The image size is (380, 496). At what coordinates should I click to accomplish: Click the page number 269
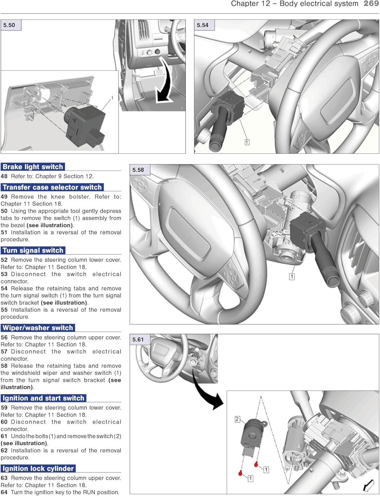371,4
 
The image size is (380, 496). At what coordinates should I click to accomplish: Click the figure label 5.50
9,25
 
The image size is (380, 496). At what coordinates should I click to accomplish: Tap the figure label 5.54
203,25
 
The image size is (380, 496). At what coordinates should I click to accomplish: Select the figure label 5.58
138,170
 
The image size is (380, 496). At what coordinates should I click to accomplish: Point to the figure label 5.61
138,340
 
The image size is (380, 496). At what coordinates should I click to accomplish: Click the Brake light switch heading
33,167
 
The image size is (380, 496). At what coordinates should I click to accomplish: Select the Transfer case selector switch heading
52,187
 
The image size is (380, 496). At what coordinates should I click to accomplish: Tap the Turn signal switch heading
33,251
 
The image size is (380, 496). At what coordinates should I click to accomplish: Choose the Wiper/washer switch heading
38,328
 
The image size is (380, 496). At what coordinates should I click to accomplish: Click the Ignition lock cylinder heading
38,469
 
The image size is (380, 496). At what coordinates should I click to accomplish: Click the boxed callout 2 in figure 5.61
237,419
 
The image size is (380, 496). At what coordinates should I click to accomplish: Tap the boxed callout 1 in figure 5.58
292,276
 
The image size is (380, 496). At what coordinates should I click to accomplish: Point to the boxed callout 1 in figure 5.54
247,142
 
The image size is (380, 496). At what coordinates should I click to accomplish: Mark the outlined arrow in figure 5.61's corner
368,485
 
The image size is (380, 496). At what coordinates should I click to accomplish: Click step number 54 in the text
4,289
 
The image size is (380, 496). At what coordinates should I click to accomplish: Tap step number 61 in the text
4,436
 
